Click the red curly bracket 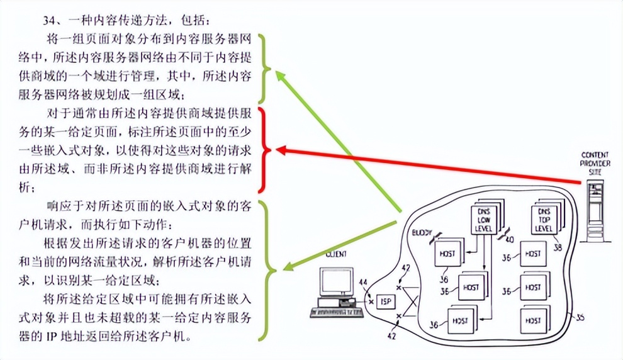[266, 150]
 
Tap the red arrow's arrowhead [282, 150]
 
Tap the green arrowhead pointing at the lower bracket [287, 267]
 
